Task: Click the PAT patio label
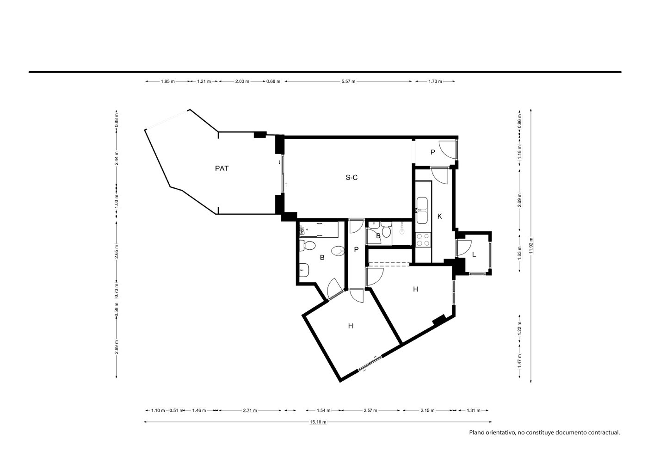(x=222, y=168)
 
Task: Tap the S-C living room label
(x=351, y=178)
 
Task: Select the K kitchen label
(x=440, y=216)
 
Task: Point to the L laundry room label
(x=474, y=254)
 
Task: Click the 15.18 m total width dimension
(x=318, y=422)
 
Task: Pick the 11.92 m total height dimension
(x=531, y=246)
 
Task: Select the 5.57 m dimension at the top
(x=348, y=81)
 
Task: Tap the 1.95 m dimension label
(x=167, y=81)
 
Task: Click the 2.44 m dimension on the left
(x=117, y=158)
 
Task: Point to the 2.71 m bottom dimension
(x=250, y=410)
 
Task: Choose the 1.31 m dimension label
(x=474, y=410)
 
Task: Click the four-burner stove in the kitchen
(x=423, y=240)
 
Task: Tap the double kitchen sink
(x=422, y=210)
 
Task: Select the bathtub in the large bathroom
(x=319, y=230)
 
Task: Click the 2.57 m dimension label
(x=370, y=410)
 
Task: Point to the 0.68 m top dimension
(x=273, y=81)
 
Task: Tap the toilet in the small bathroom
(x=386, y=229)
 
